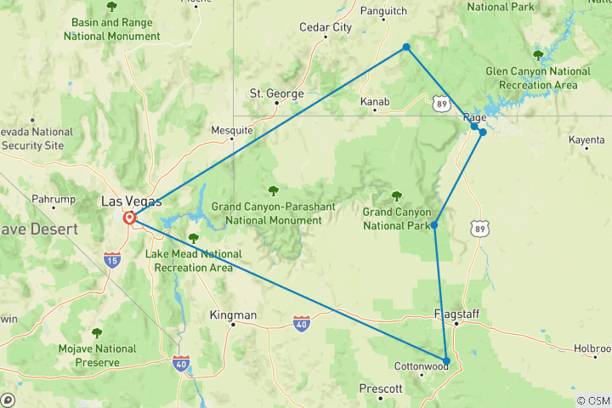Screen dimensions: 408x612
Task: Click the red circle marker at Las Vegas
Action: (130, 218)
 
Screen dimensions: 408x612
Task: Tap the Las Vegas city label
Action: (130, 201)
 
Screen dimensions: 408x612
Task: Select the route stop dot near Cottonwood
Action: (446, 360)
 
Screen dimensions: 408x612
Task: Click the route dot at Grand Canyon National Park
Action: (434, 225)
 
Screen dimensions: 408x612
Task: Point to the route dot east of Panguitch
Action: (406, 47)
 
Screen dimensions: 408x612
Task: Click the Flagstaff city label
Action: (456, 314)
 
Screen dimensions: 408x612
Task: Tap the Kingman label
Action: (233, 315)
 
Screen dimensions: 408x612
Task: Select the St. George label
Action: (276, 93)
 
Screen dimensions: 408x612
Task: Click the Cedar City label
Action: (326, 27)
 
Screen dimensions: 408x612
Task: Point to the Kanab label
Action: (375, 102)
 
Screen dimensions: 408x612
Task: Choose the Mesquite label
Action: (232, 130)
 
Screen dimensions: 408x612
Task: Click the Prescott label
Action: (380, 388)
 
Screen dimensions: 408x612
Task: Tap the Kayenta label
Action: (586, 139)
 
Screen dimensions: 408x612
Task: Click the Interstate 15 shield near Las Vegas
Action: (112, 260)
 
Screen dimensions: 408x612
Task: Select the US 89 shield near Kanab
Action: (440, 104)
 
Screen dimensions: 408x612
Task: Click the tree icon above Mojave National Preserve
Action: (96, 332)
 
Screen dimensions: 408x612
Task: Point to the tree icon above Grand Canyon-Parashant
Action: (273, 190)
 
